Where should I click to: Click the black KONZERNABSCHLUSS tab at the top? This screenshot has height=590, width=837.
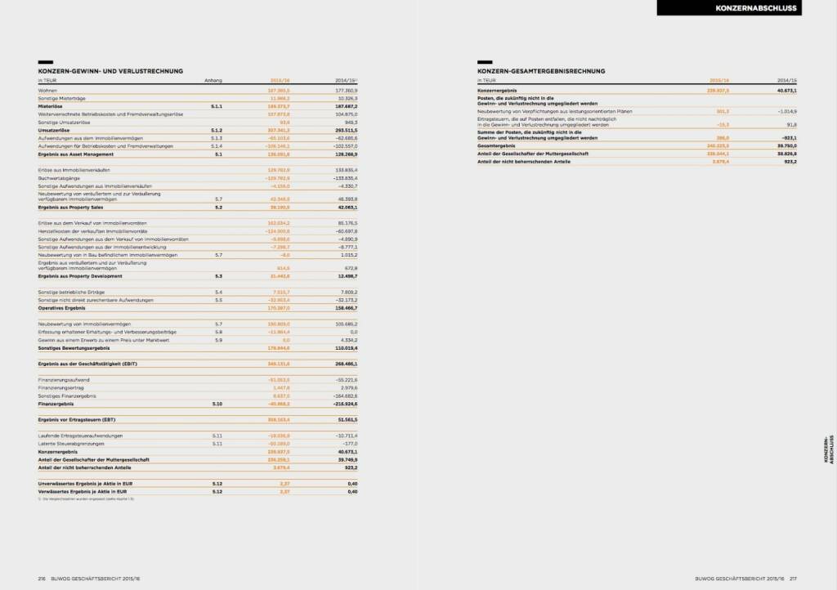(745, 8)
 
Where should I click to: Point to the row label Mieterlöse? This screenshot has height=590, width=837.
(51, 106)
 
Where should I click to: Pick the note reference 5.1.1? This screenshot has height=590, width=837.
(217, 106)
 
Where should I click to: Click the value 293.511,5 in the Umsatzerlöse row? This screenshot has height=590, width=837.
(342, 130)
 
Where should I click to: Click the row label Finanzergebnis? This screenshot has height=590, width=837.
(58, 404)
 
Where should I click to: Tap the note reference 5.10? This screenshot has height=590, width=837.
(217, 404)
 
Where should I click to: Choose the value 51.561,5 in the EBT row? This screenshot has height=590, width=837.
(344, 419)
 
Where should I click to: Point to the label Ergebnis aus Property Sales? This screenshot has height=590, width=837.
(73, 208)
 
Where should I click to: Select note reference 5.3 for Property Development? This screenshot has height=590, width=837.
(217, 276)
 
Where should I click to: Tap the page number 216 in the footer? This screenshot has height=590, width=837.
(41, 578)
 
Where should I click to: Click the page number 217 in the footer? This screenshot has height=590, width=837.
(792, 578)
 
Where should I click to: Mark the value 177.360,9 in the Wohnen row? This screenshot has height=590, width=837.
(343, 91)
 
